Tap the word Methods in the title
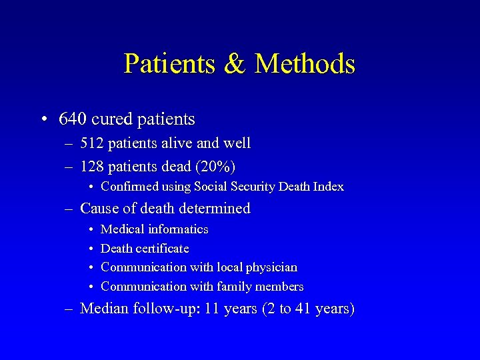coord(305,64)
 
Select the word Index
coord(329,187)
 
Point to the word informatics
coord(178,229)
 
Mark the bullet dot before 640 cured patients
coord(42,120)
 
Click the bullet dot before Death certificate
coord(90,249)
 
